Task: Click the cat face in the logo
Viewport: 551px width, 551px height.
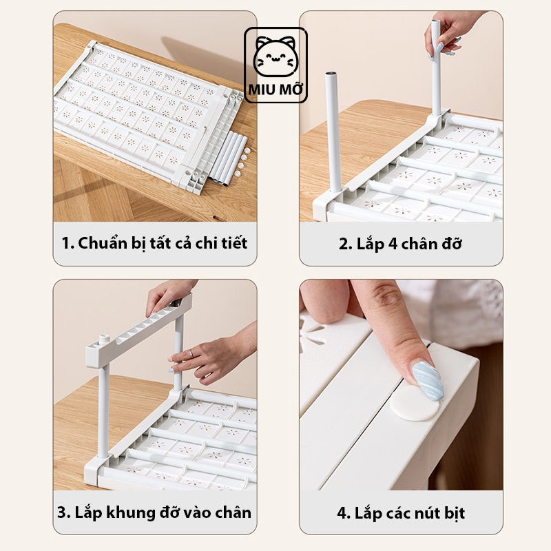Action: pos(275,56)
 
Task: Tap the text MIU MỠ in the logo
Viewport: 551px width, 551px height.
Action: pos(275,89)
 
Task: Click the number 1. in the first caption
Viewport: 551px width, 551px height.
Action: pos(67,243)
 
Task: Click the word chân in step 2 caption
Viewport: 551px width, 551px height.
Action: pos(418,244)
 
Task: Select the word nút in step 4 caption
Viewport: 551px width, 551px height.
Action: pos(424,513)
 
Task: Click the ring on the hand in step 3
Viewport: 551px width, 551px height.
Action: pos(192,353)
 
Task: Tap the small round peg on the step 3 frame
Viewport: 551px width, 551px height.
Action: pos(102,340)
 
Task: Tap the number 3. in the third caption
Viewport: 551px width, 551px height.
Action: pos(64,512)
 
